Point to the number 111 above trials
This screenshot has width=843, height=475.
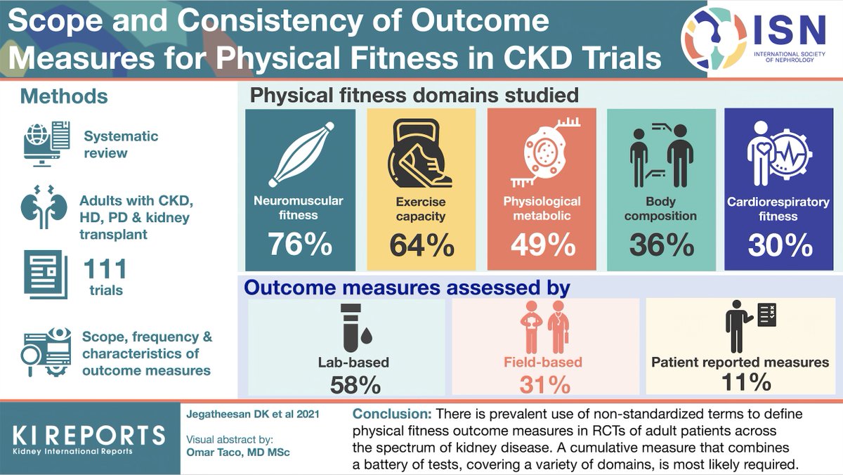(105, 270)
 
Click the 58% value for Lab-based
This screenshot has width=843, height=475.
(349, 384)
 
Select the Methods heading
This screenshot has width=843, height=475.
(64, 96)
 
